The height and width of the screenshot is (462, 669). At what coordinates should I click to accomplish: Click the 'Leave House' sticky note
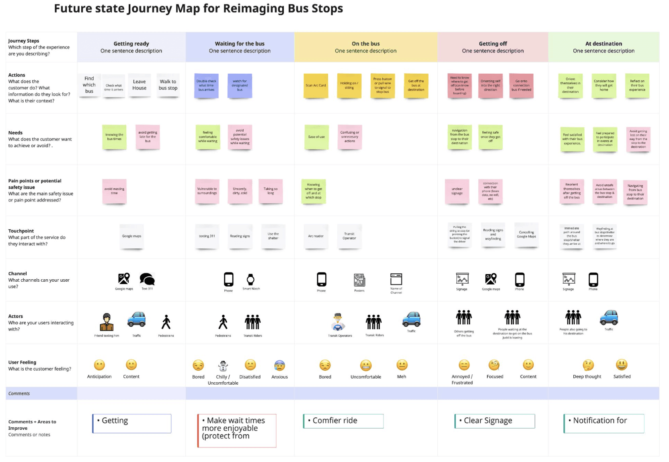(x=139, y=85)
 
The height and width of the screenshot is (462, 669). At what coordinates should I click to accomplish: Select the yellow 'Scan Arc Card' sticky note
(x=316, y=85)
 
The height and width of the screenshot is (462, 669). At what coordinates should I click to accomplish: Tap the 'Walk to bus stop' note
(x=168, y=85)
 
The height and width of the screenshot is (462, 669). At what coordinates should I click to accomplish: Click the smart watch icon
(x=250, y=279)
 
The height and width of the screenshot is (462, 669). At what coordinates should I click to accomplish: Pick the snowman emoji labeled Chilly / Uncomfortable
(x=223, y=365)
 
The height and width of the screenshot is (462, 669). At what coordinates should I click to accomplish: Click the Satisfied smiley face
(x=622, y=365)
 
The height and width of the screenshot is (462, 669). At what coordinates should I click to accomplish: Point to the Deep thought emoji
(x=587, y=365)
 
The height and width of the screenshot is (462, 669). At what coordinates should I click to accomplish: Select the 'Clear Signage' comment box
(x=495, y=421)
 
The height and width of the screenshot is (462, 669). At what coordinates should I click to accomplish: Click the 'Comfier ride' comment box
(x=343, y=421)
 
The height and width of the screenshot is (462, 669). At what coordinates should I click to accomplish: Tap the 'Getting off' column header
(x=493, y=47)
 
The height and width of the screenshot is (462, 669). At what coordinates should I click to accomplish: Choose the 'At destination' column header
(x=603, y=47)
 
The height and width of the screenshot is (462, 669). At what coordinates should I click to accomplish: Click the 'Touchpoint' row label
(x=21, y=231)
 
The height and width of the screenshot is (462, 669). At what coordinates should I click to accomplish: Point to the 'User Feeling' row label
(x=22, y=362)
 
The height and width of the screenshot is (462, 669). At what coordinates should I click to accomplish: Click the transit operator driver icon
(x=338, y=322)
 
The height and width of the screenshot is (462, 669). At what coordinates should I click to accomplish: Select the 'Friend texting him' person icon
(x=106, y=322)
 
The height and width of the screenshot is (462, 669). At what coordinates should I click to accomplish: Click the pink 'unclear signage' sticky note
(x=457, y=191)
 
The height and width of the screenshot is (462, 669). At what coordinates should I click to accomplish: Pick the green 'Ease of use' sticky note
(x=316, y=137)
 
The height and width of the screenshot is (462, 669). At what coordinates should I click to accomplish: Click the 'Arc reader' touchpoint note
(x=316, y=236)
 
